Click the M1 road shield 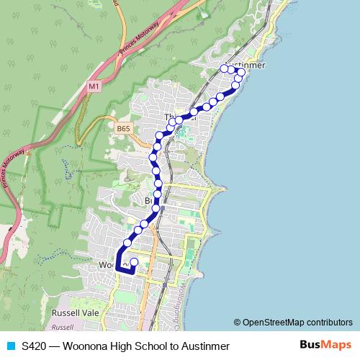click(x=94, y=86)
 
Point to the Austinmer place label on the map click(x=247, y=65)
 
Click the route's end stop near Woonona click(x=134, y=262)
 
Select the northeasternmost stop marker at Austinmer click(x=242, y=72)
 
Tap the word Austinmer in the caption click(x=205, y=346)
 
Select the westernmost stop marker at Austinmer click(x=224, y=68)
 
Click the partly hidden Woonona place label click(x=107, y=265)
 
